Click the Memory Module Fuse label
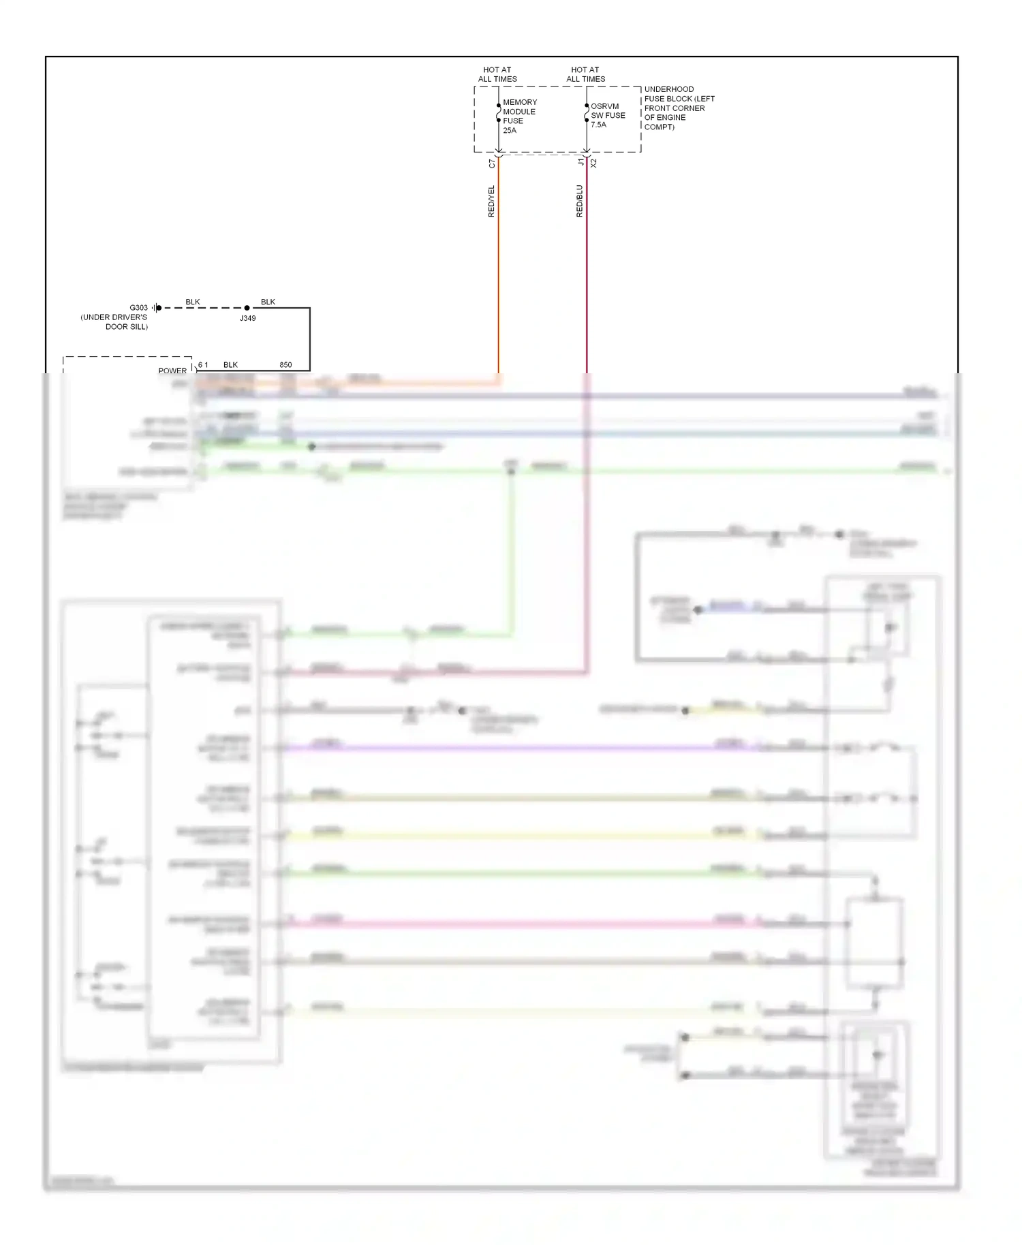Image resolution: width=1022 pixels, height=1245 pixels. pos(519,112)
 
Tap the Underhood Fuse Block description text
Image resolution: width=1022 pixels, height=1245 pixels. pos(679,108)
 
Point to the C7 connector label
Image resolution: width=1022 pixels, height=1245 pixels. pos(493,164)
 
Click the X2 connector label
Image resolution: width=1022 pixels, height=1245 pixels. pos(593,163)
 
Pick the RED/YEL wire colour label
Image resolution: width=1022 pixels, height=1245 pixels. pos(491,202)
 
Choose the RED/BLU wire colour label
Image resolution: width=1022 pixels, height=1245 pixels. pos(579,202)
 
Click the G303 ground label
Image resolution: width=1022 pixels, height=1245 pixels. pos(138,308)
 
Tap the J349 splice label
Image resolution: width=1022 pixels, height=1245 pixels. pos(247,318)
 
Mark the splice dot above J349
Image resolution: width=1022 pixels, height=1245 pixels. pos(247,308)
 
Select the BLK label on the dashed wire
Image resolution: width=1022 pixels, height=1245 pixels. pos(193,302)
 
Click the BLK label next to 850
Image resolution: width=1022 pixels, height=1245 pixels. pos(230,365)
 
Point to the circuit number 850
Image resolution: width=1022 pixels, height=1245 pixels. pos(285,365)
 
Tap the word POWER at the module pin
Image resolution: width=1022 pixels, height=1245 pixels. pos(172,371)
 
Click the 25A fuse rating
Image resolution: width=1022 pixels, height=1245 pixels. pos(510,131)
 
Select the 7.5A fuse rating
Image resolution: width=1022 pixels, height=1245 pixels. pos(598,125)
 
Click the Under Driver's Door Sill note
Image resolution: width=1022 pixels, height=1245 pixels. pos(114,322)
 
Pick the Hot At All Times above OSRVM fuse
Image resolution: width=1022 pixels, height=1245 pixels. pos(585,74)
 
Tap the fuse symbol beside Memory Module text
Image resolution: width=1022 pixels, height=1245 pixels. pos(499,113)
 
